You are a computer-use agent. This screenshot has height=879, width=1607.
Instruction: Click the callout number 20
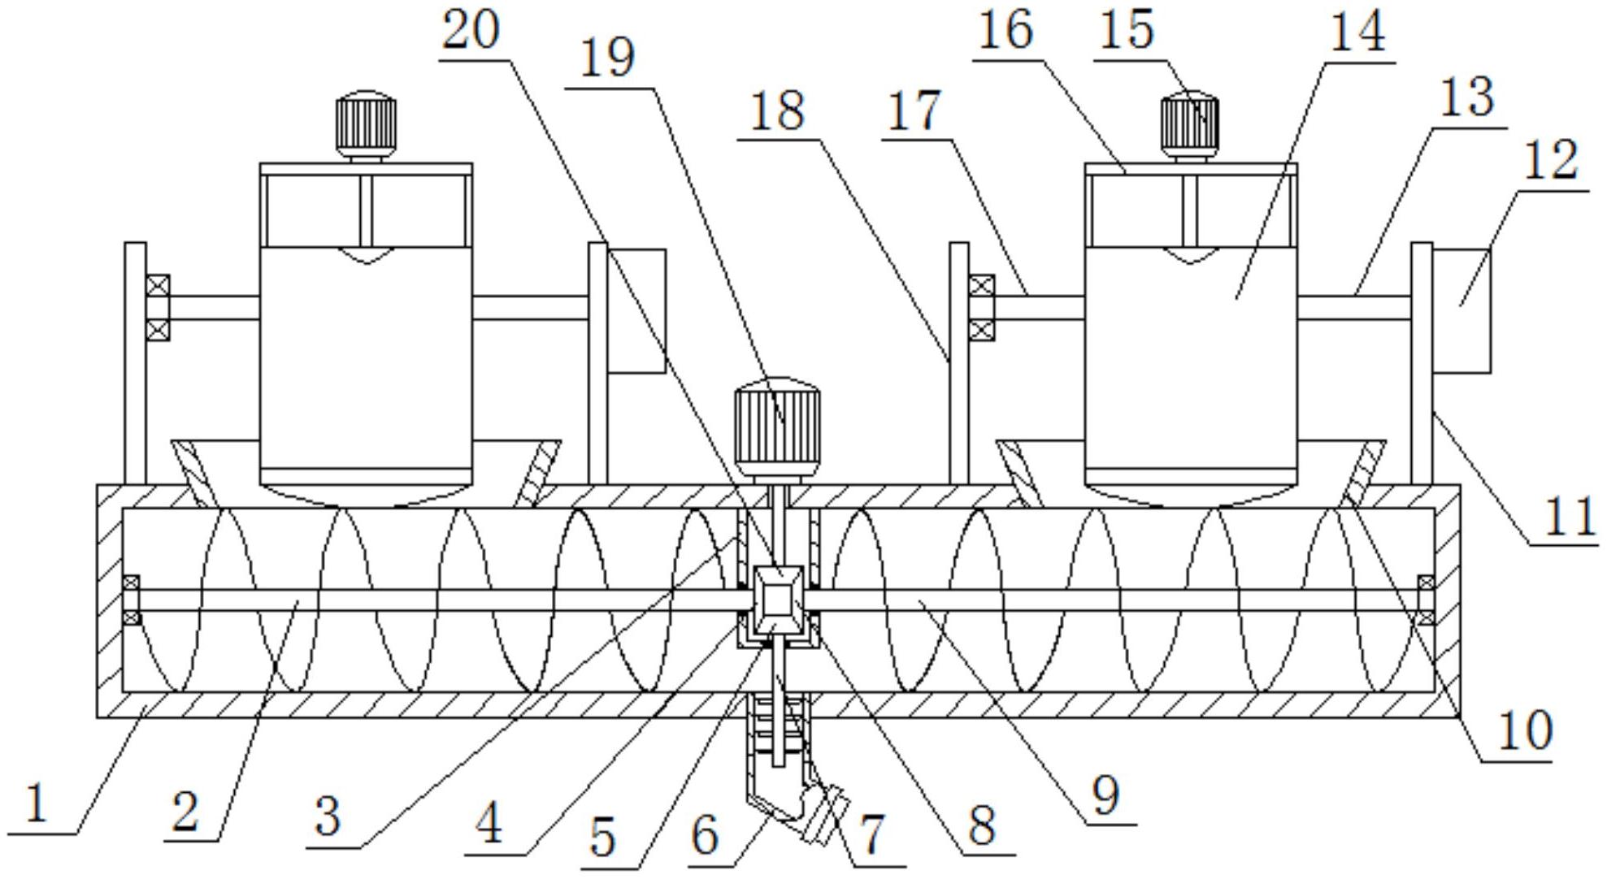tap(471, 31)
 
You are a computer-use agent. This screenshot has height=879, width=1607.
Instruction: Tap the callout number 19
tap(609, 58)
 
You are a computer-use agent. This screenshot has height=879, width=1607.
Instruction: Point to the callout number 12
tap(1551, 160)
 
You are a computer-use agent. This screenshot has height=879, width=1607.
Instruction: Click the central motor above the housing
tap(776, 427)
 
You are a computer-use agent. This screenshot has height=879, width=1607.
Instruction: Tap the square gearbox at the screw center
tap(778, 602)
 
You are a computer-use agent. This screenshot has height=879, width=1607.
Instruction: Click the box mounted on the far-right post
tap(1462, 310)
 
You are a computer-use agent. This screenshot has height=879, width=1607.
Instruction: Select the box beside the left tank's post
tap(637, 310)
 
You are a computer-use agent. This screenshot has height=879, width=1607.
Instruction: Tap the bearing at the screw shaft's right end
tap(1425, 600)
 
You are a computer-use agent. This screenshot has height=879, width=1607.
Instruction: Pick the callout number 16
tap(1005, 31)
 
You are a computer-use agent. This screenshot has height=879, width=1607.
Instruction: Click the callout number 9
tap(1105, 796)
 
